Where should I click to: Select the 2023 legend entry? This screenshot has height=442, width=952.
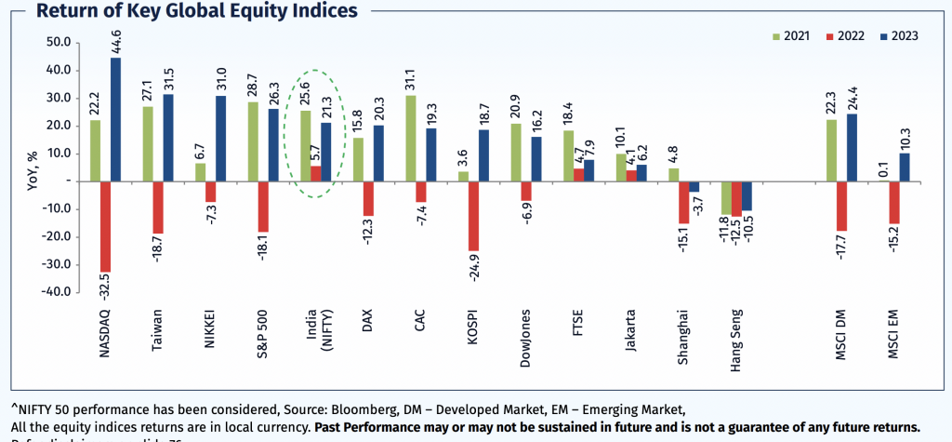click(895, 36)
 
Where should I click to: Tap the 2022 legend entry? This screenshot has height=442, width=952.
click(841, 36)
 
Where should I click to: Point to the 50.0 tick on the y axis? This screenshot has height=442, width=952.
click(58, 43)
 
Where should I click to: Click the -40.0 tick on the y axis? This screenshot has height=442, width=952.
click(58, 292)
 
